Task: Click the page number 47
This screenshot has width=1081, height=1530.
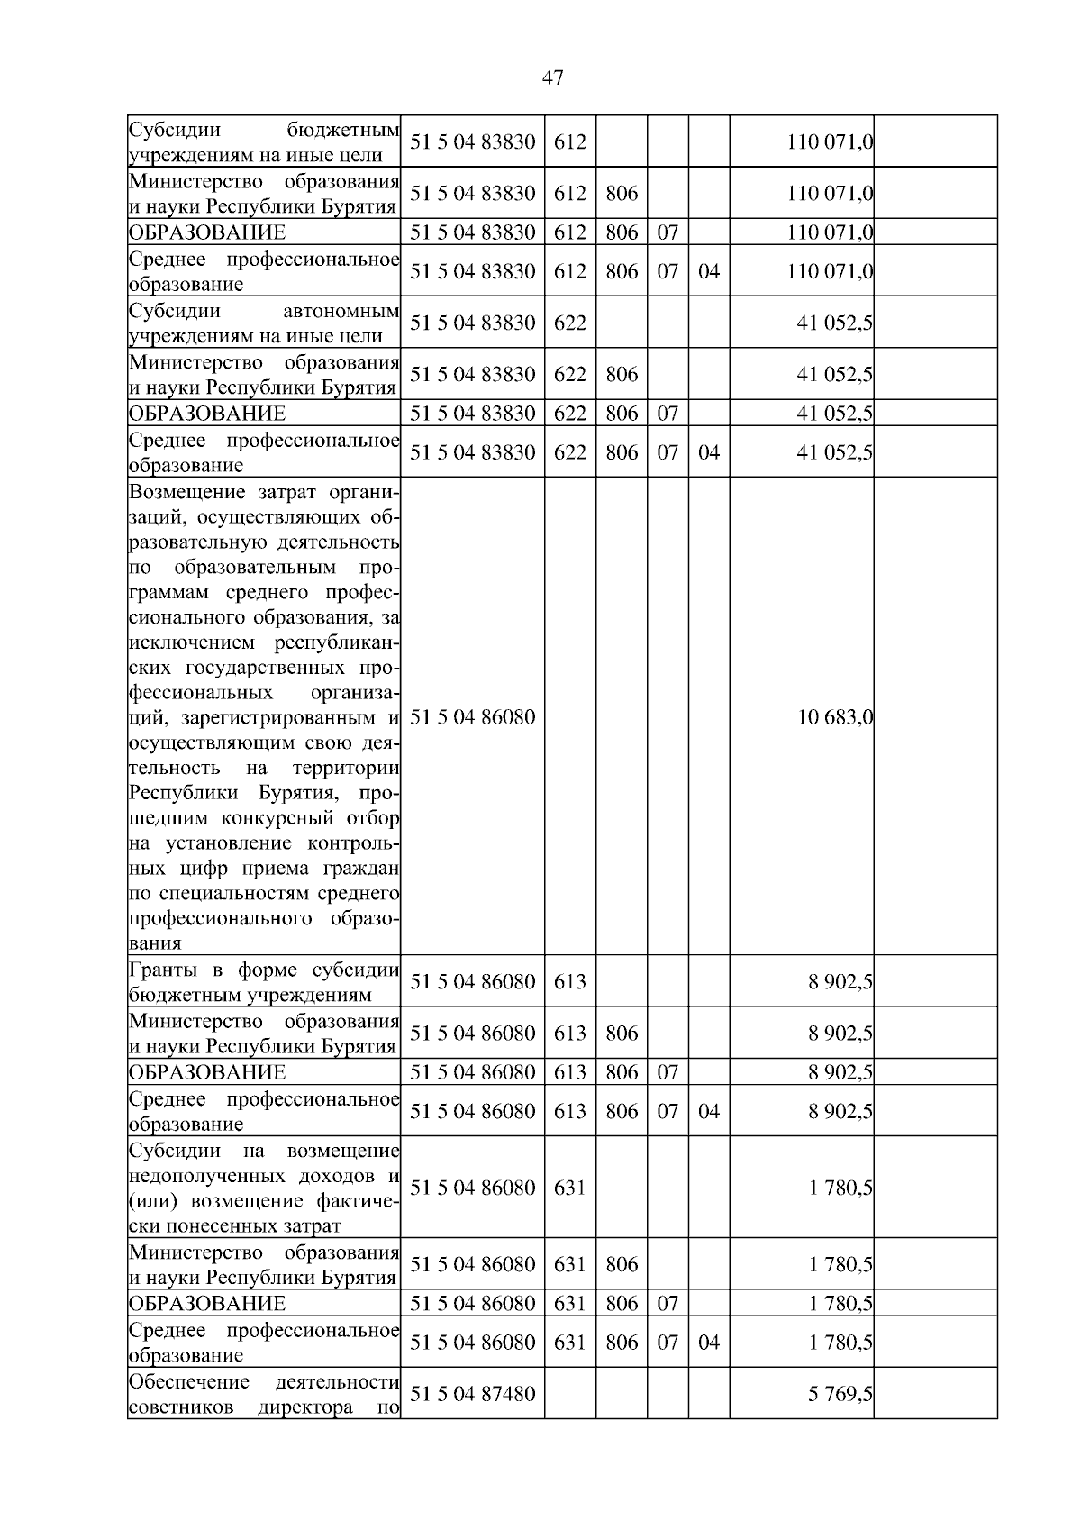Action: tap(552, 78)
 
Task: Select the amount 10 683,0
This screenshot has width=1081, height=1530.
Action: tap(834, 717)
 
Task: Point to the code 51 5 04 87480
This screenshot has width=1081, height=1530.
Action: tap(472, 1394)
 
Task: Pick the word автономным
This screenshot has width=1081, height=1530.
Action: tap(341, 312)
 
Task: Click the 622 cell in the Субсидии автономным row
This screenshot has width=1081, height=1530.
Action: tap(569, 323)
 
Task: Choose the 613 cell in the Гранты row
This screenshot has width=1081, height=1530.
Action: tap(569, 982)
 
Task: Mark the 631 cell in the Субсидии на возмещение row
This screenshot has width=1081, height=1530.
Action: tap(569, 1188)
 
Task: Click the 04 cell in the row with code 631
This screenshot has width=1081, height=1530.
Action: tap(709, 1343)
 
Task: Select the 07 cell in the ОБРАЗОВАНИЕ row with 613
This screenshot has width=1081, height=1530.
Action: tap(667, 1072)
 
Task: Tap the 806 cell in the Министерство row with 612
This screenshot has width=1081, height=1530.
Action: tap(622, 194)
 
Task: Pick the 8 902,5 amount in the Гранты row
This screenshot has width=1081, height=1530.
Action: tap(840, 982)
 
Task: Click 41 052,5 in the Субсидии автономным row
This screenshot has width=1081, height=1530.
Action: tap(834, 323)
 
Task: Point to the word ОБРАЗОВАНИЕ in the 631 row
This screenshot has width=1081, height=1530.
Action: tap(207, 1304)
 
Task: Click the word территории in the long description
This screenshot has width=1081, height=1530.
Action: tap(345, 769)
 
